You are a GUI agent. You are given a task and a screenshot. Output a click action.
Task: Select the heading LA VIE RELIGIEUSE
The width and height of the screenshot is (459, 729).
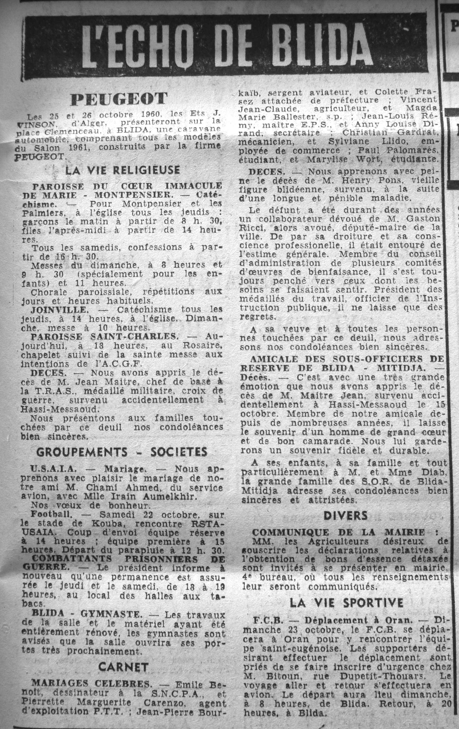tap(123, 170)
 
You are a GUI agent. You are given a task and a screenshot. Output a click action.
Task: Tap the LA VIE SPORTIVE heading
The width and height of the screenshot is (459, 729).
tap(347, 603)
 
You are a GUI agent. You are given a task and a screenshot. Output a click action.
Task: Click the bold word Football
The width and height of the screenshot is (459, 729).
tap(51, 515)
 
